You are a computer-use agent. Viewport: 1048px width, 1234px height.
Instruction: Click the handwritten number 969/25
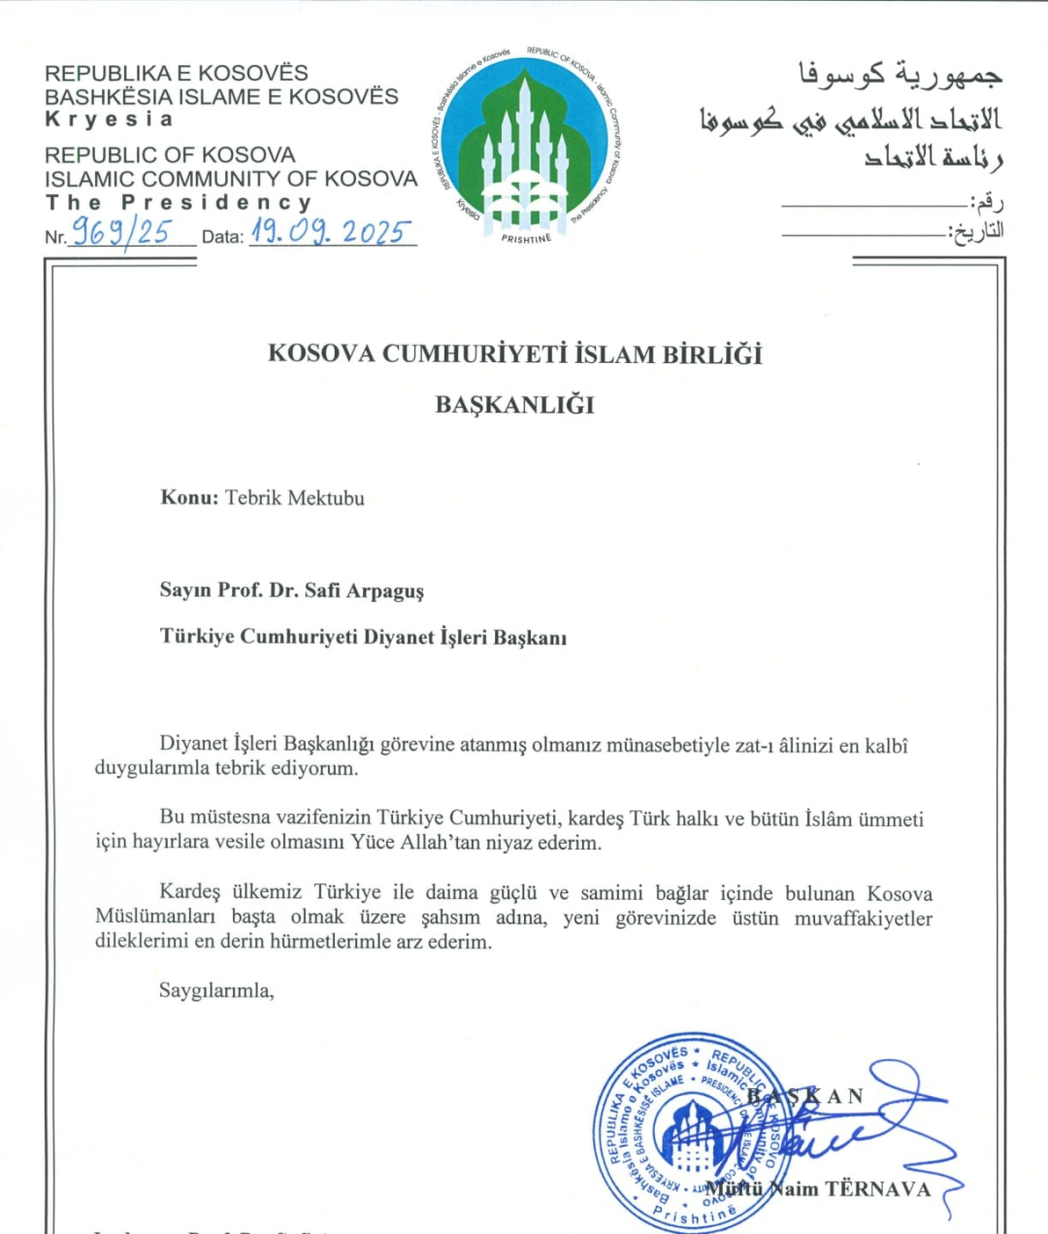pyautogui.click(x=122, y=232)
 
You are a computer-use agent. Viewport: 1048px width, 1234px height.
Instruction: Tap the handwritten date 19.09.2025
pyautogui.click(x=331, y=231)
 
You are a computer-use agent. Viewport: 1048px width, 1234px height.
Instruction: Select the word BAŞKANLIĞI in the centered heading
pyautogui.click(x=514, y=405)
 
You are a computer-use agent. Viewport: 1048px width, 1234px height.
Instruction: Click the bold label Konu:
pyautogui.click(x=189, y=498)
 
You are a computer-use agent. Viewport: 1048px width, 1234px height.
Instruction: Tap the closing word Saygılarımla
pyautogui.click(x=216, y=990)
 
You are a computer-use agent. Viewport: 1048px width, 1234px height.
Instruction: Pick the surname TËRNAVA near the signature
pyautogui.click(x=877, y=1189)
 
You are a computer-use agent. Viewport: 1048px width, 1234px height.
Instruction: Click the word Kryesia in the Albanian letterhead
pyautogui.click(x=109, y=119)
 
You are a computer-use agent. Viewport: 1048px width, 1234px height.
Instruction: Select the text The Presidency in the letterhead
pyautogui.click(x=179, y=203)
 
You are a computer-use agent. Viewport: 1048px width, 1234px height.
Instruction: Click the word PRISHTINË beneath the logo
pyautogui.click(x=526, y=239)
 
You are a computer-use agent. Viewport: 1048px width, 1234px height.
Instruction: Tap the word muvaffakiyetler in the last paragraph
pyautogui.click(x=863, y=917)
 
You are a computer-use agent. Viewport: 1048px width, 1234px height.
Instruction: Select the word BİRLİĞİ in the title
pyautogui.click(x=712, y=354)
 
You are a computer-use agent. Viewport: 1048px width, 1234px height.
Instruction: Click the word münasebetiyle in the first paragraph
pyautogui.click(x=668, y=746)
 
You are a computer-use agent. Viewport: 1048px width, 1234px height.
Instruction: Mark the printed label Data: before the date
pyautogui.click(x=222, y=237)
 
